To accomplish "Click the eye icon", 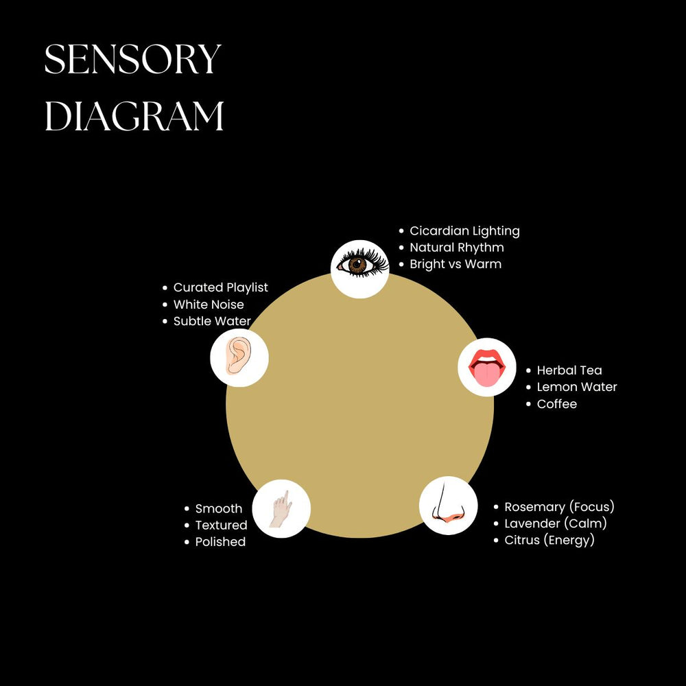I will (360, 265).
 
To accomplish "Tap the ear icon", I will (239, 357).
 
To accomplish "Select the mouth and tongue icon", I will (487, 368).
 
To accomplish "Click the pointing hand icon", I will (281, 509).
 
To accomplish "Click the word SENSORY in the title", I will (132, 60).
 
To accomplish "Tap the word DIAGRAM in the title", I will (134, 117).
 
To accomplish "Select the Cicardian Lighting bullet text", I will (464, 231).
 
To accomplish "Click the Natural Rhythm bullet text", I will (456, 248).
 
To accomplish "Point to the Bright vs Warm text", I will (456, 264).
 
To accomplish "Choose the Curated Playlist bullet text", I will (220, 287).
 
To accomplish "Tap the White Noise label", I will (209, 305).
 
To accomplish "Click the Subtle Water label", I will (212, 321).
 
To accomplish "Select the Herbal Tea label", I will (569, 370).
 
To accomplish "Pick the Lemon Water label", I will (577, 387).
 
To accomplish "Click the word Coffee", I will (556, 404).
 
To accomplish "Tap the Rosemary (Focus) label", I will (559, 507).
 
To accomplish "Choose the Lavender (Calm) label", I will (556, 523).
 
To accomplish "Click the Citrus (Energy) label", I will (549, 541).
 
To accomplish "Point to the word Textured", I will (221, 525).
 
